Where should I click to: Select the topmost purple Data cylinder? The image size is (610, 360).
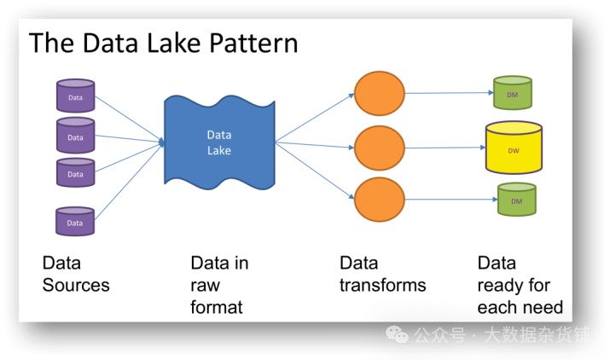pos(75,96)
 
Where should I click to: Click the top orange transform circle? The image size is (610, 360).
pos(380,93)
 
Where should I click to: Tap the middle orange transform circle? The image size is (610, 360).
pos(380,148)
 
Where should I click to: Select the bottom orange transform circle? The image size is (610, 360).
pos(380,201)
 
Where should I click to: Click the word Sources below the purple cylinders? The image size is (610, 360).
pos(76,285)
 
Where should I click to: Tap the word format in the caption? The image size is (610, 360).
pos(217,306)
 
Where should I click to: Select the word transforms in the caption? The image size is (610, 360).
pos(382,285)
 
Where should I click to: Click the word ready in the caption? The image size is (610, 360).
pos(502,285)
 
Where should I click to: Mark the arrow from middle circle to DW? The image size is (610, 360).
pos(444,148)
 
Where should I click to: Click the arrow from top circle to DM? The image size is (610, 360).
pos(448,92)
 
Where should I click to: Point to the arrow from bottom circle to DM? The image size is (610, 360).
pos(450,202)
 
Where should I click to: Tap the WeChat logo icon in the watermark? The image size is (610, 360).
pos(398,334)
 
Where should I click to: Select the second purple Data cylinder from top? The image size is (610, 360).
pos(75,135)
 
